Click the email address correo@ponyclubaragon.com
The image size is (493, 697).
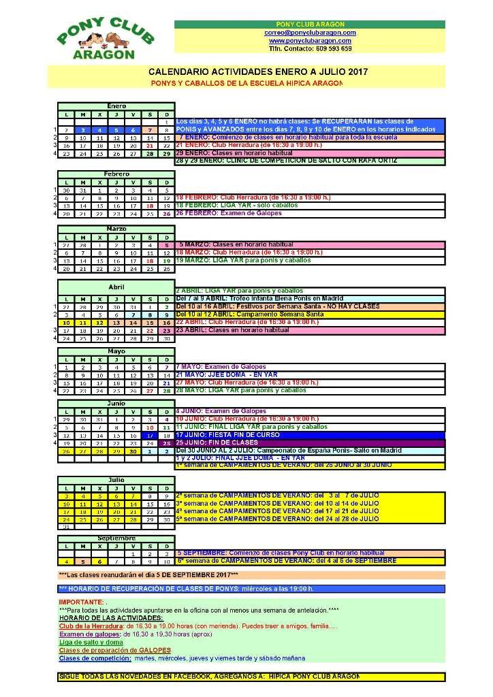(310, 33)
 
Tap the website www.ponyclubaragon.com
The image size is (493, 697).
(310, 41)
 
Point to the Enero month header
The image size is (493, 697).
(116, 106)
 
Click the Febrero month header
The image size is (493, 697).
(116, 174)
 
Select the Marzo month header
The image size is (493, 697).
(116, 228)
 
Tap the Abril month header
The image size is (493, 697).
(116, 287)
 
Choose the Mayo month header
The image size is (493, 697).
(116, 351)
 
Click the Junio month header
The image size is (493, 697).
(116, 404)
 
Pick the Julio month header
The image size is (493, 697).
(116, 479)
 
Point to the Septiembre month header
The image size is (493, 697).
(116, 538)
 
